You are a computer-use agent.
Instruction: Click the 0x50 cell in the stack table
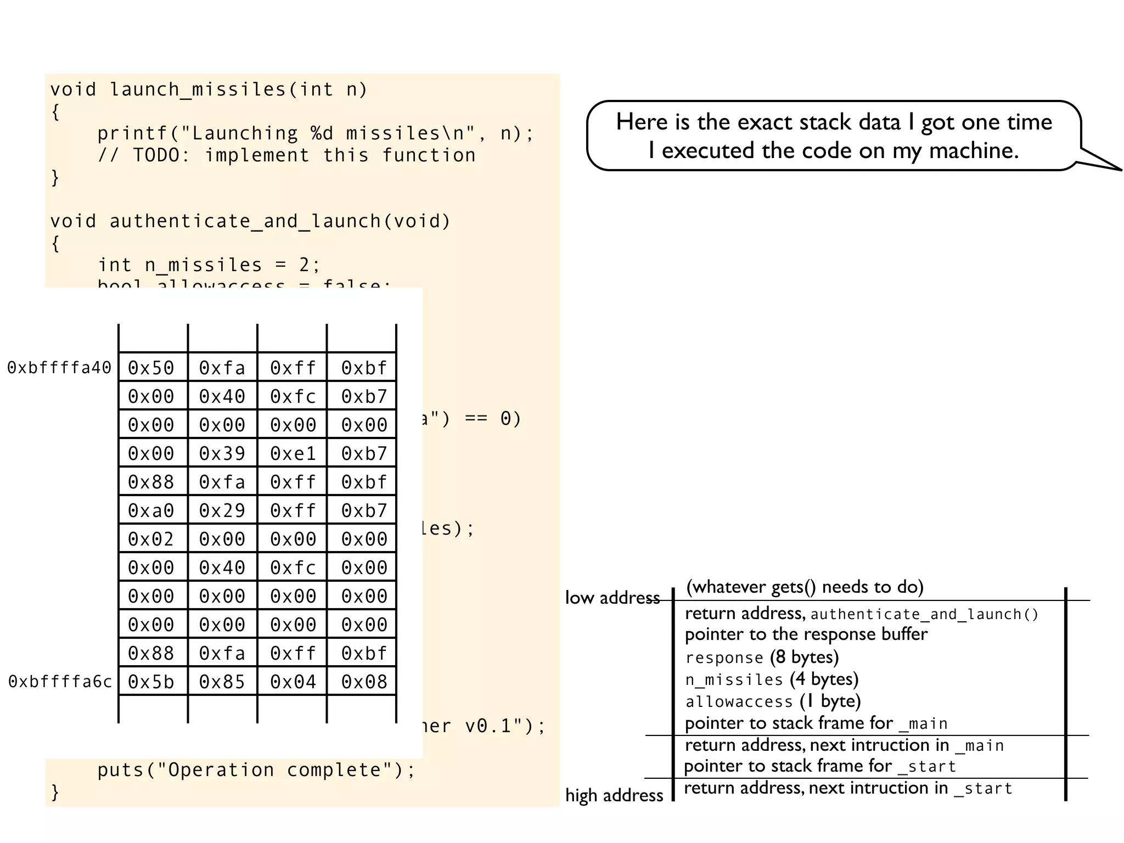point(151,368)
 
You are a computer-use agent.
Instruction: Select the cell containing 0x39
point(222,453)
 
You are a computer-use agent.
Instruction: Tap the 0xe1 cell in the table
point(293,453)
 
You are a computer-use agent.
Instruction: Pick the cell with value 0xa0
point(151,510)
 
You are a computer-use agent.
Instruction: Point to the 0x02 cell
point(151,539)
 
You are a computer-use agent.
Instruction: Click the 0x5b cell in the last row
point(151,682)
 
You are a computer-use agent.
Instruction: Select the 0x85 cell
point(222,682)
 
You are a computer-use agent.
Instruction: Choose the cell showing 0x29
point(222,510)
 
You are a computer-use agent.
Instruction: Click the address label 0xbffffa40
point(59,368)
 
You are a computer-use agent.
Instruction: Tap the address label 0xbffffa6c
point(60,682)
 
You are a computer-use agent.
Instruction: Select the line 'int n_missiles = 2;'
point(209,265)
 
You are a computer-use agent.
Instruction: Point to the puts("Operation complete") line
point(256,770)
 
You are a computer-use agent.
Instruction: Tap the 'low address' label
point(612,598)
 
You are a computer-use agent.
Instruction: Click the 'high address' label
point(614,795)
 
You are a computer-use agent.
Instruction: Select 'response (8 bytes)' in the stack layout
point(762,657)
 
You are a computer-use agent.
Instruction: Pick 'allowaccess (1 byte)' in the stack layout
point(773,701)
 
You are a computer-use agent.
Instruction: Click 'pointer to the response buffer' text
point(806,634)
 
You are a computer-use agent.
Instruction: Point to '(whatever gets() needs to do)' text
point(805,587)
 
